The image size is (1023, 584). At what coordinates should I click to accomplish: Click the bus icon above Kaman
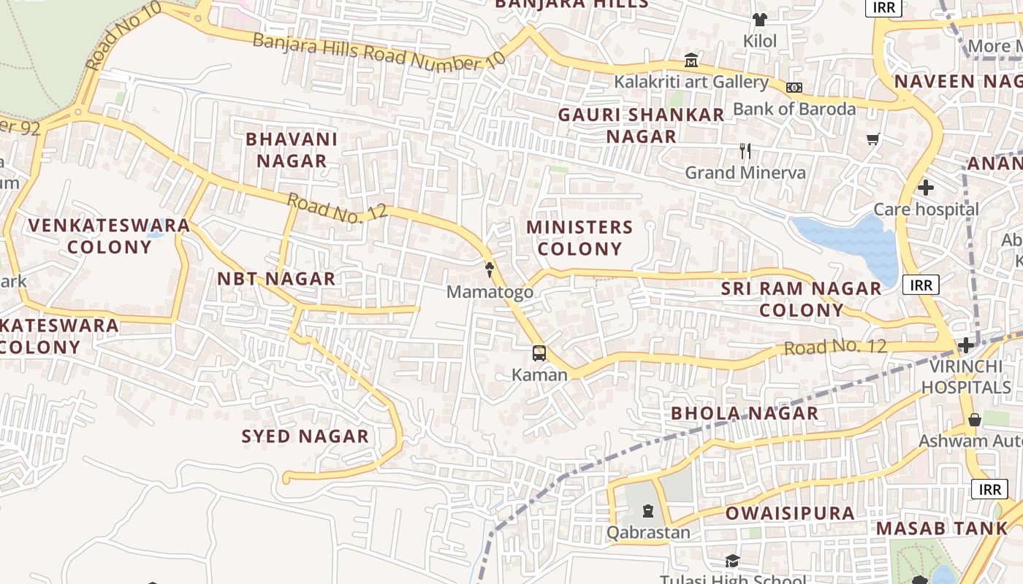(539, 353)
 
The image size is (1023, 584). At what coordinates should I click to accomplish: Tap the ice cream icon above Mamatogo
(490, 270)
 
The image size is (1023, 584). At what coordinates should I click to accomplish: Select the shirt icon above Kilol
(760, 19)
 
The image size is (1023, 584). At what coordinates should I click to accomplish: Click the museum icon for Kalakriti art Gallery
(691, 61)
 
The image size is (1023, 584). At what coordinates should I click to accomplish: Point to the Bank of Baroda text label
(794, 109)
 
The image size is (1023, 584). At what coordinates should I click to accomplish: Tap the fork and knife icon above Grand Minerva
(745, 151)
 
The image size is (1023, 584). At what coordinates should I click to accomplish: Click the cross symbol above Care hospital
(926, 188)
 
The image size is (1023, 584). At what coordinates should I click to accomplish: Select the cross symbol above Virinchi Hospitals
(966, 345)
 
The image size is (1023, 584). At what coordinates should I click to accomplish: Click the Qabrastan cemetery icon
(648, 510)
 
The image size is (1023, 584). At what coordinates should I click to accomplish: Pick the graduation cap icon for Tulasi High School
(732, 561)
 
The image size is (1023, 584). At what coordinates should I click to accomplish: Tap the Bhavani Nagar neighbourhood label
(292, 150)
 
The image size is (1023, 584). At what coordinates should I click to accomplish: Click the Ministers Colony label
(579, 238)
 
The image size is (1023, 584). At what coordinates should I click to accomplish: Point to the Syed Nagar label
(305, 437)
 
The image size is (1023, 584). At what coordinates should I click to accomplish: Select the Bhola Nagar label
(745, 413)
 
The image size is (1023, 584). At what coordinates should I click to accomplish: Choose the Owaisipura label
(790, 513)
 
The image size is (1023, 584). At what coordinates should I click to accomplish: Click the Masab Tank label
(941, 528)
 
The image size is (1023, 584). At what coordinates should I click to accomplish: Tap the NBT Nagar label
(276, 278)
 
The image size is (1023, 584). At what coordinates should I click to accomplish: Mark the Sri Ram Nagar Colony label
(802, 299)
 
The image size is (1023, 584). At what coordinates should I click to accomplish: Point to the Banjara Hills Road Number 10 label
(379, 52)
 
